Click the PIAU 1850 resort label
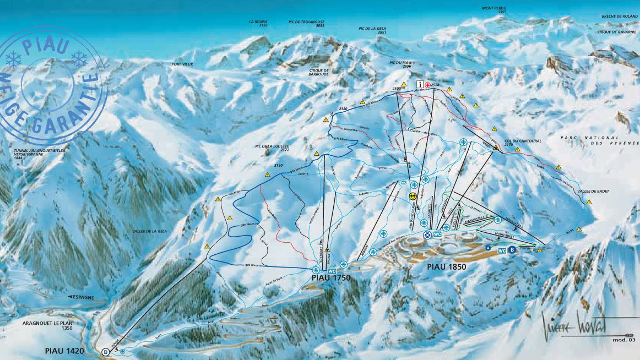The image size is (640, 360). pos(446,267)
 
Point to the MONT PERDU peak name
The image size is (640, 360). pos(493,8)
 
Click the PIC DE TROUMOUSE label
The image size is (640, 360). pos(306,23)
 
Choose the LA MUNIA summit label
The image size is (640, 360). pos(258,23)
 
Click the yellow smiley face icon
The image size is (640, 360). pos(413,195)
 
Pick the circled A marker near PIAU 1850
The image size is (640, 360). pos(487,248)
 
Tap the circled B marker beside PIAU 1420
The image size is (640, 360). pos(105,352)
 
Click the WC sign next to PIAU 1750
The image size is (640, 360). pos(332,271)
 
